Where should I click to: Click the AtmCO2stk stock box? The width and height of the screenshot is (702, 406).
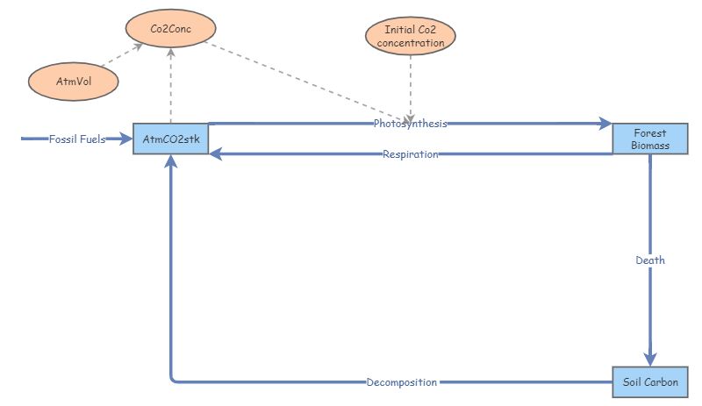click(170, 139)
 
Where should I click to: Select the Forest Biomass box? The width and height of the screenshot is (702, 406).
click(650, 139)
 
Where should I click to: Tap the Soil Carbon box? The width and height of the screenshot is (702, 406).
click(650, 382)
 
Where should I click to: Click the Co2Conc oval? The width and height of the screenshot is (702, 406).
click(171, 28)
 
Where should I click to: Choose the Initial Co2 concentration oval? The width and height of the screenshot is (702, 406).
click(411, 36)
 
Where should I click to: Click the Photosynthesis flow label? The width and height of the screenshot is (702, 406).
click(410, 124)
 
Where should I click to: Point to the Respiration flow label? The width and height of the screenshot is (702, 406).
click(410, 154)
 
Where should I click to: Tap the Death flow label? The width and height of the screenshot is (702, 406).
click(650, 260)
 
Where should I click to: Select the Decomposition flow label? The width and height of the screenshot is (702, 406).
click(402, 382)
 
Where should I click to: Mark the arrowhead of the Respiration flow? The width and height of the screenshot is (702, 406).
click(216, 154)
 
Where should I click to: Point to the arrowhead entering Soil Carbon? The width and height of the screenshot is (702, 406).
click(650, 359)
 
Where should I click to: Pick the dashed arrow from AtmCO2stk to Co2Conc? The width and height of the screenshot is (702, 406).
click(171, 88)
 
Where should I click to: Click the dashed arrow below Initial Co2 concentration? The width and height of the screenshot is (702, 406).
click(411, 88)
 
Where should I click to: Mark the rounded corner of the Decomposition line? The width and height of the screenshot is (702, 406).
click(174, 380)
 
